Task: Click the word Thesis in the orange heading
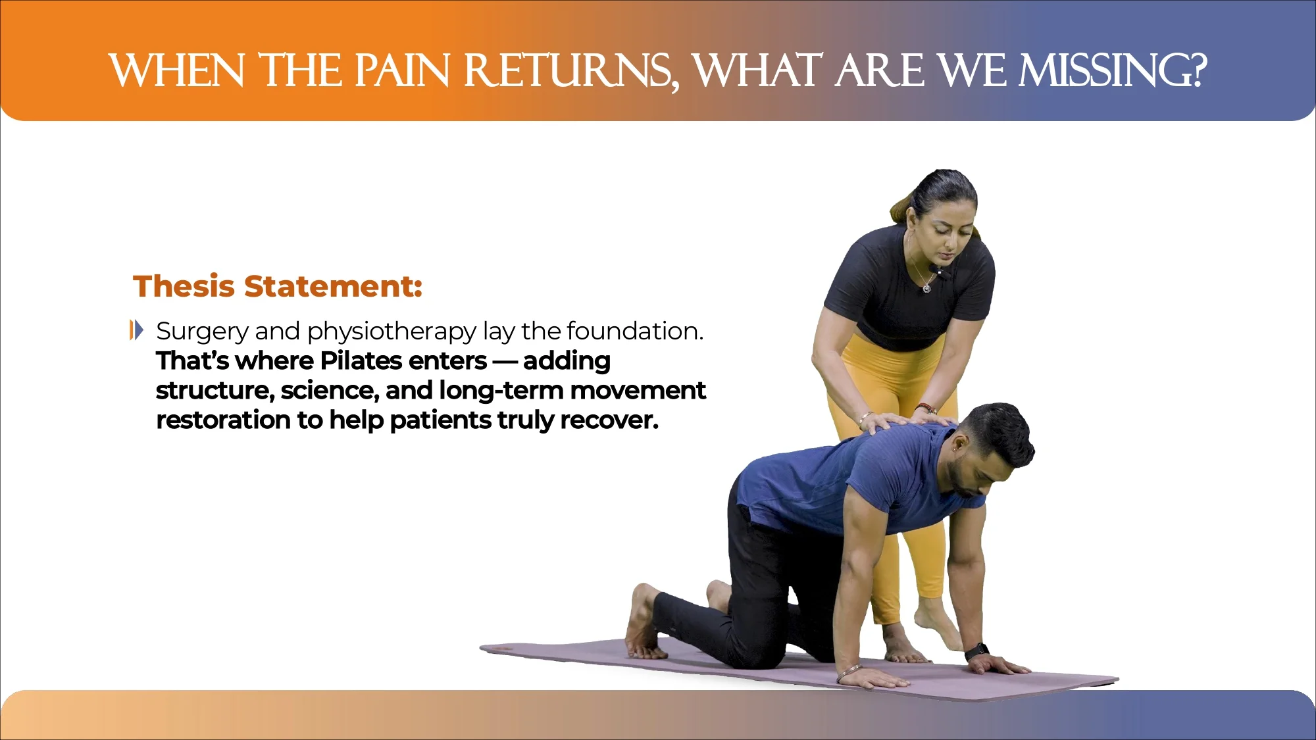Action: point(184,286)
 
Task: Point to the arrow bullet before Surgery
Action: point(136,330)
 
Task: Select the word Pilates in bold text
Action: point(361,360)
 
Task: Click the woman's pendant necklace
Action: point(926,287)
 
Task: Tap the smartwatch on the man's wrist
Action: point(976,651)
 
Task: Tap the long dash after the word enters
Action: point(505,361)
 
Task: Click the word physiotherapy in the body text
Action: point(392,332)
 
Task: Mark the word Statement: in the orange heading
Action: point(333,286)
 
